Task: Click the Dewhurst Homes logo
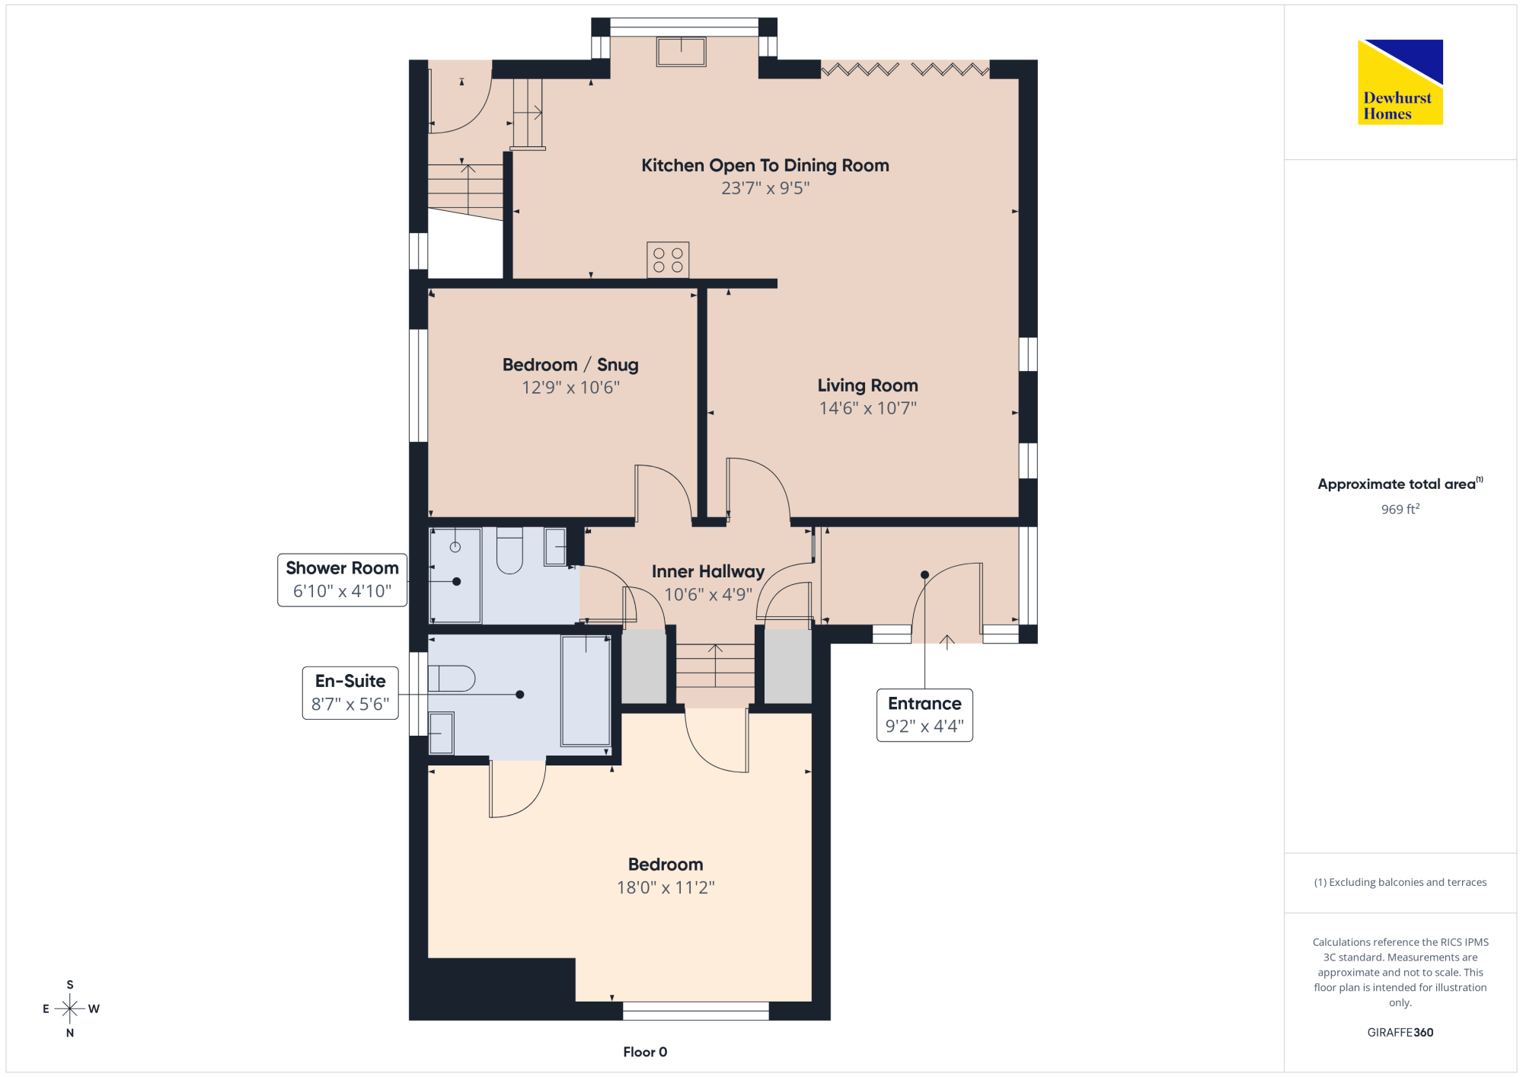point(1400,81)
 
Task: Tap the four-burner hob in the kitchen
point(668,260)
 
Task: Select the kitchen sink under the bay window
point(682,52)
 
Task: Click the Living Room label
point(867,385)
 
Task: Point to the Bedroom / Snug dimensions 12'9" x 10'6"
point(570,388)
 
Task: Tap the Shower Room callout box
point(342,580)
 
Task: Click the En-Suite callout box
point(350,692)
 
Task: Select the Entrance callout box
point(924,714)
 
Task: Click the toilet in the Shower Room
point(509,550)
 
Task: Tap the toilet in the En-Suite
point(452,678)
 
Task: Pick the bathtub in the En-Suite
point(586,691)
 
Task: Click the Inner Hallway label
point(708,571)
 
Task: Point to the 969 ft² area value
point(1400,509)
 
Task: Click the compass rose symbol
point(70,1008)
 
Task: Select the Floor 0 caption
point(645,1052)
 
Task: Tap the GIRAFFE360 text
point(1400,1032)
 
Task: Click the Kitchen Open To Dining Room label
point(765,165)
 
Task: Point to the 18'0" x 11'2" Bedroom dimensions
point(666,887)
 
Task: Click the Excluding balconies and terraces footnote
point(1400,882)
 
